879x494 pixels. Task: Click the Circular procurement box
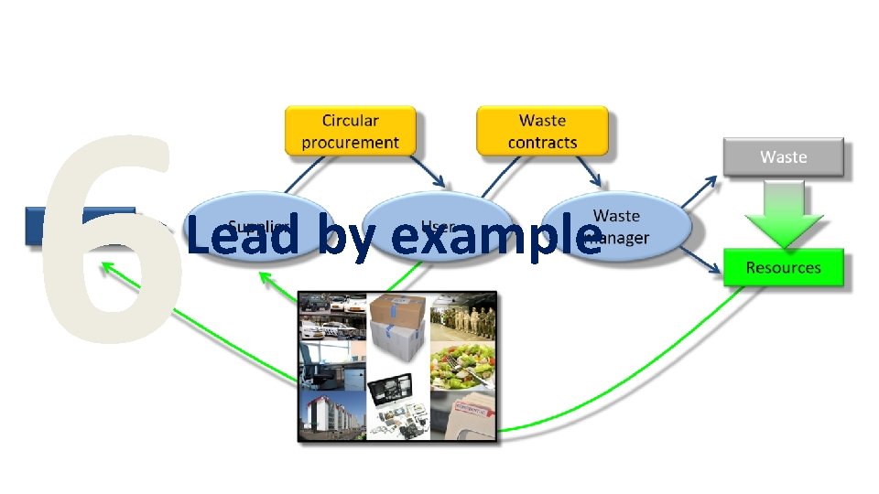[x=350, y=131]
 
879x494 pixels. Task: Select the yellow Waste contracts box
[x=542, y=131]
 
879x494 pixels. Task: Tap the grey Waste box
[x=783, y=157]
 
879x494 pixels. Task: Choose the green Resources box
[x=783, y=268]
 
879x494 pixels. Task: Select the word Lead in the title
[x=242, y=235]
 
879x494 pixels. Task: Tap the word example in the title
[x=494, y=235]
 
